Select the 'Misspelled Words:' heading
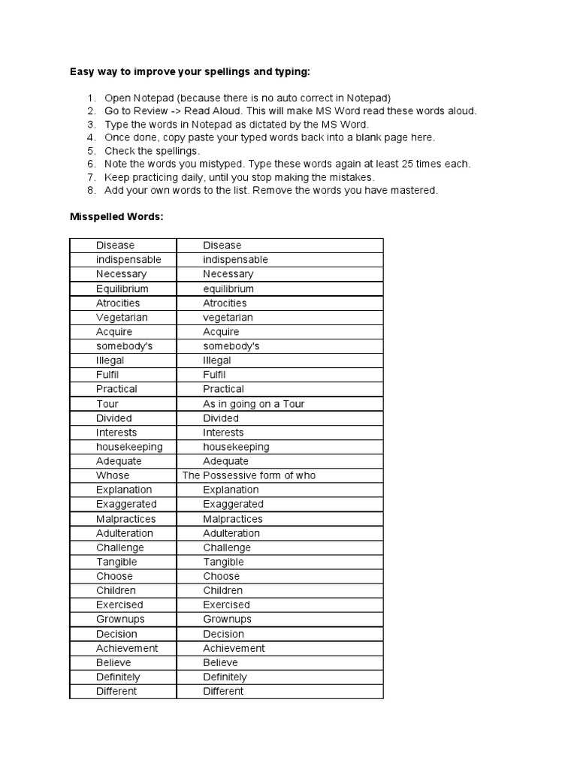pos(116,217)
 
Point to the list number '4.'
pos(91,137)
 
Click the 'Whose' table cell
pos(113,475)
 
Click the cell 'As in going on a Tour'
pos(253,404)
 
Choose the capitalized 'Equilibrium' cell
pos(122,288)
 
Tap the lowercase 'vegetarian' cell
pos(228,318)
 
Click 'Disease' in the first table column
pos(115,246)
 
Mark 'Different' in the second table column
pos(223,691)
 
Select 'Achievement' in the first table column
pos(127,648)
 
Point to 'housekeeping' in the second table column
pos(236,447)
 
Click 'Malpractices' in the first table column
pos(125,519)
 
